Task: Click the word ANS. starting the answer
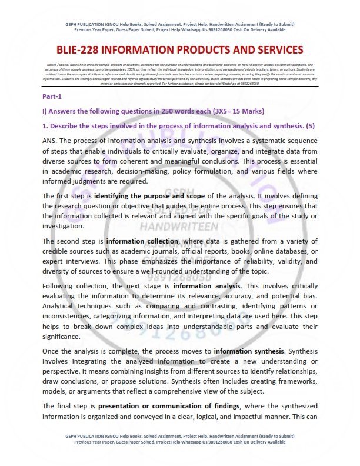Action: tap(50, 141)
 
